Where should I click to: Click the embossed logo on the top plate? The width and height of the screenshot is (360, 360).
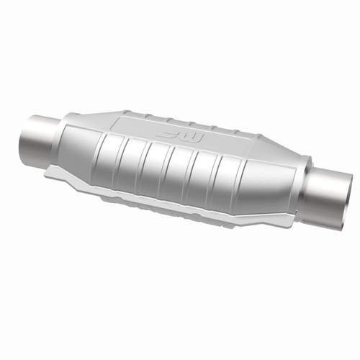pos(179,135)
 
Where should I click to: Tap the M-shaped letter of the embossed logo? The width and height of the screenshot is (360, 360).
pos(192,136)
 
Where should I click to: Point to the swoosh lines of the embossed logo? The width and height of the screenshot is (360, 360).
pos(169,133)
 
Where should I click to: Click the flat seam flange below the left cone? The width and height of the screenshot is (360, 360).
pos(65,173)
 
